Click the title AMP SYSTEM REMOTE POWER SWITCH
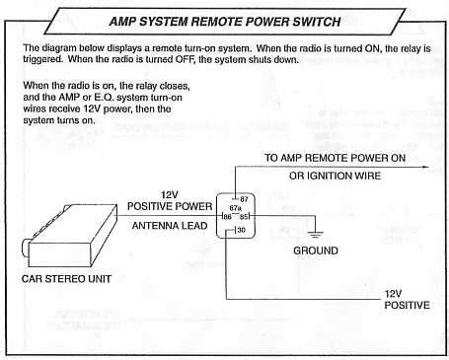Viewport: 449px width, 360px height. pyautogui.click(x=225, y=19)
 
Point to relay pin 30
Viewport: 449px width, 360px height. pyautogui.click(x=240, y=230)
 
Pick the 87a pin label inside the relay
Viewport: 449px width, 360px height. pyautogui.click(x=236, y=208)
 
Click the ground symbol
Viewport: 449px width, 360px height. pyautogui.click(x=315, y=235)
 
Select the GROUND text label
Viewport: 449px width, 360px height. pyautogui.click(x=316, y=251)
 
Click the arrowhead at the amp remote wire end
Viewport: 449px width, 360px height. pyautogui.click(x=426, y=168)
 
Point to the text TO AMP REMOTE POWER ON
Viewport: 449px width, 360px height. pyautogui.click(x=334, y=158)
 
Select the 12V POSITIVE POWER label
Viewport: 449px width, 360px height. pyautogui.click(x=169, y=201)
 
